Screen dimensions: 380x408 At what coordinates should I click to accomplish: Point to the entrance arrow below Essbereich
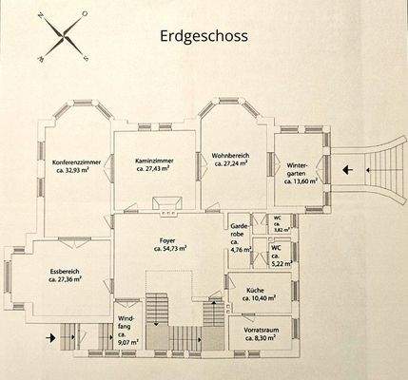coord(49,336)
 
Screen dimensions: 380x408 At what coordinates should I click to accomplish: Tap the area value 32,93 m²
coord(78,171)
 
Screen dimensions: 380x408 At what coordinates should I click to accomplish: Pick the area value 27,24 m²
coord(228,162)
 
